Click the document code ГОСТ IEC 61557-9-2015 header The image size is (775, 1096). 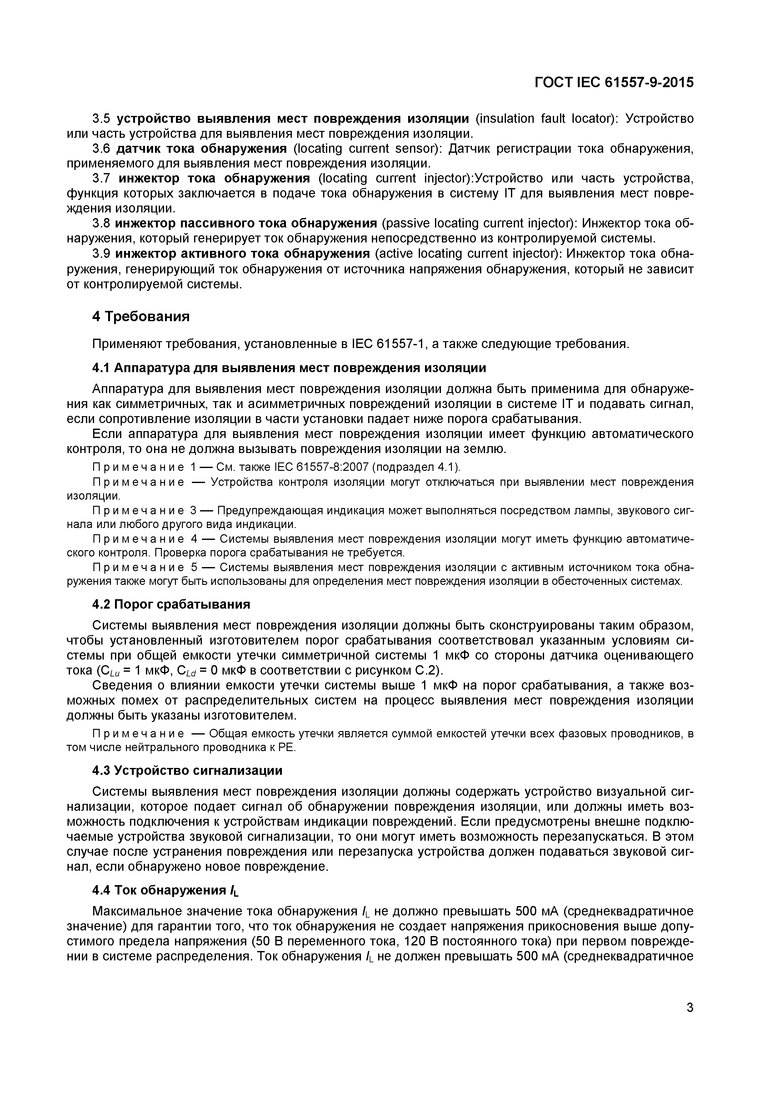tap(614, 82)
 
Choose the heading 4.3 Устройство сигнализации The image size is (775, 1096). tap(187, 770)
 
